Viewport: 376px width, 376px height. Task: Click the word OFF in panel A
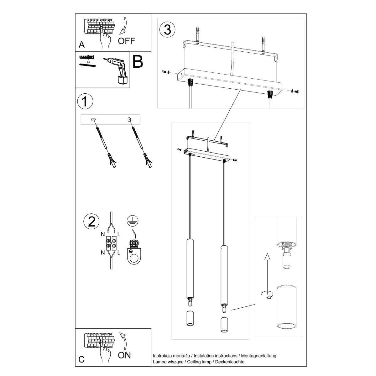126,41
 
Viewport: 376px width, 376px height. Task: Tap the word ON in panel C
124,355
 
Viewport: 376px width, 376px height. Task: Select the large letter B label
138,62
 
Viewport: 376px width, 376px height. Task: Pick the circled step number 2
91,222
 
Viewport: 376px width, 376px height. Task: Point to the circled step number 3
167,29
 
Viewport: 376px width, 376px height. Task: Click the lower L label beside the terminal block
119,253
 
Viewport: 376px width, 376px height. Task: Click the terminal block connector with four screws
111,244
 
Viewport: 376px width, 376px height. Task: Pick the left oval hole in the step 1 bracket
93,119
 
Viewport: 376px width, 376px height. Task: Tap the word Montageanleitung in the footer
258,356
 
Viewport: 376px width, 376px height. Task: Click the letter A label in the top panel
82,44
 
